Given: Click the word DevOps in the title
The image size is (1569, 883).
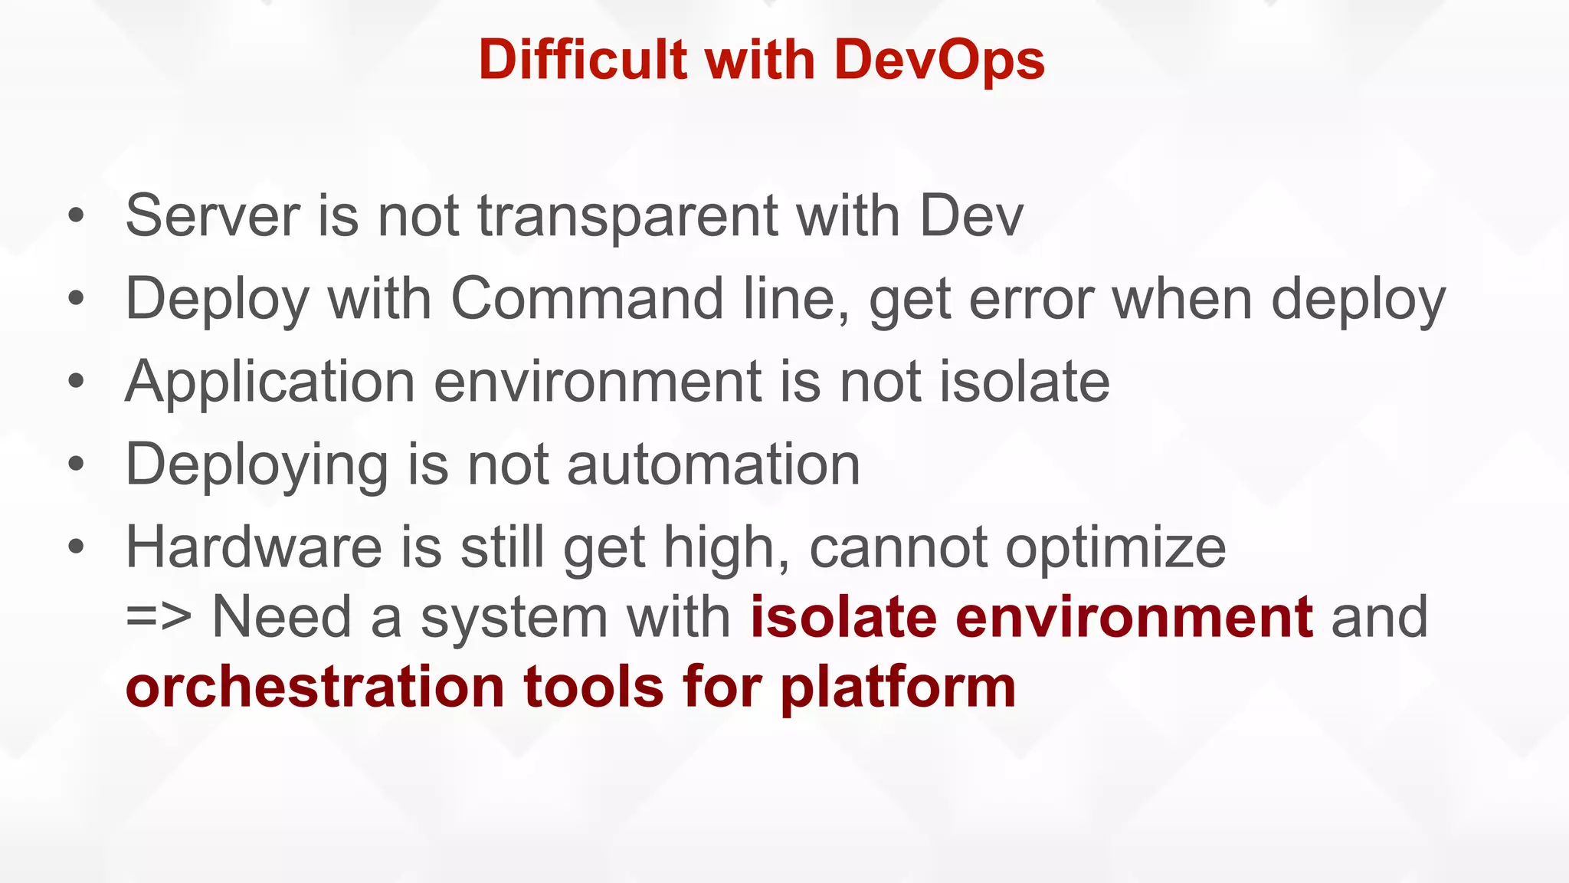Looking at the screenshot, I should point(939,61).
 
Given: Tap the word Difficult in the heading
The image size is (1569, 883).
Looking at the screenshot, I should point(583,59).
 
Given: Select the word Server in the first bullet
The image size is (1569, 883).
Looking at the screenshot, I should point(212,215).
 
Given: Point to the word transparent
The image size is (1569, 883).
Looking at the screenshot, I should point(628,217).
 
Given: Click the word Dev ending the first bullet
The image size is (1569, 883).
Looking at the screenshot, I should point(971,215).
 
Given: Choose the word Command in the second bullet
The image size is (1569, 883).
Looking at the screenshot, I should point(587,298).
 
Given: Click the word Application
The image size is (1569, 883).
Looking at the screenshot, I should point(270,382).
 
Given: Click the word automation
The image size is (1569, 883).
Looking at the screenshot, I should point(714,465).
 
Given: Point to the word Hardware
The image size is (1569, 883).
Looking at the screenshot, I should point(254,547).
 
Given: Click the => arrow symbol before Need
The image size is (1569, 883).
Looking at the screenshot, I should point(158,617).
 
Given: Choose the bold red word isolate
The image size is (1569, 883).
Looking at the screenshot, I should point(843,617).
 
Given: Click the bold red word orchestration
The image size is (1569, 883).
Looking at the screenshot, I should point(315,687).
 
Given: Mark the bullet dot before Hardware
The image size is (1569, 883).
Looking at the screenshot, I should point(75,547).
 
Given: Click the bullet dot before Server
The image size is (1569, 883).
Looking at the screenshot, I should point(75,215).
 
